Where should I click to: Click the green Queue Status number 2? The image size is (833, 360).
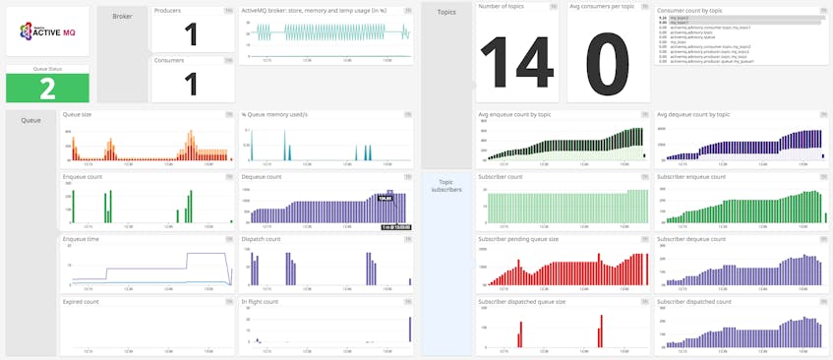(x=47, y=88)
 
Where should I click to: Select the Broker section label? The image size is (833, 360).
(x=122, y=17)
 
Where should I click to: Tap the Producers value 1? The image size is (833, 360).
(x=192, y=35)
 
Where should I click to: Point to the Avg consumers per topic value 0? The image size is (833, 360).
(x=607, y=57)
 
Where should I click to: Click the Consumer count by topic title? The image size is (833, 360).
(x=690, y=9)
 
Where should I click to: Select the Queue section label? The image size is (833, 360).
(x=30, y=121)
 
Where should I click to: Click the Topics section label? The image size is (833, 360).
(x=446, y=12)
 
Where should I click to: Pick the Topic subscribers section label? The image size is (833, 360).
(x=446, y=186)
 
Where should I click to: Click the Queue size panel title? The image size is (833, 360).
(x=77, y=114)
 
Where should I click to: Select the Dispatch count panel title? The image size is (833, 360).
(x=261, y=239)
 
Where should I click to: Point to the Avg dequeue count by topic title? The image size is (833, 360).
(x=693, y=114)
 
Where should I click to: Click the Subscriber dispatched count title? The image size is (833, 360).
(x=693, y=302)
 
